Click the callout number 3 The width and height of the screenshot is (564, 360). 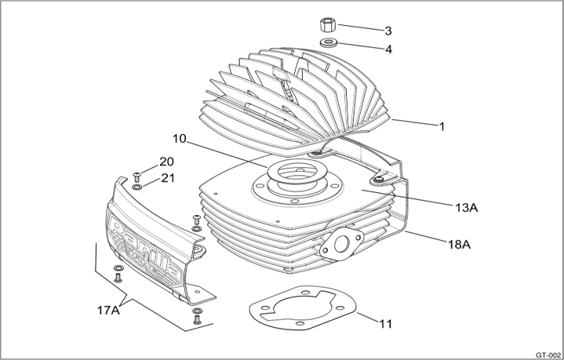388,31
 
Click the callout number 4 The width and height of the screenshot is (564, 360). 388,49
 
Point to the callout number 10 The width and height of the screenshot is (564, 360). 180,139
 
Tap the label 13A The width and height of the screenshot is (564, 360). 466,207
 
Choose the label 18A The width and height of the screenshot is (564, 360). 459,244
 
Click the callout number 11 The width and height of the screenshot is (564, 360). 385,322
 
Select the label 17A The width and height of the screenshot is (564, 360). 109,310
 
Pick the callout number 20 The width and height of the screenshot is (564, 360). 166,162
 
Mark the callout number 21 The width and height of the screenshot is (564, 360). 167,177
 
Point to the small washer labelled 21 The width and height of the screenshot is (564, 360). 137,187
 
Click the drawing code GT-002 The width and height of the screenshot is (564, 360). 547,353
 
